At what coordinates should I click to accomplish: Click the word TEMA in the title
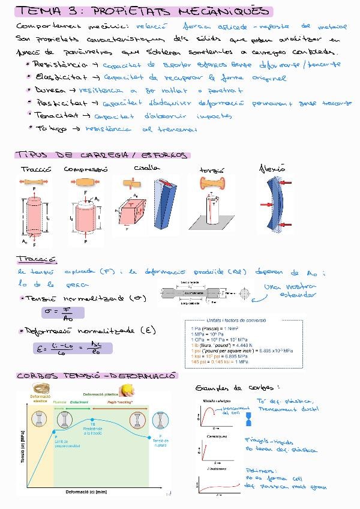pos(37,11)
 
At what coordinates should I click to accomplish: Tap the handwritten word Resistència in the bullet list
pos(55,64)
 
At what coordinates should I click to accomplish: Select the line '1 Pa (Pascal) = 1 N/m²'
pos(217,329)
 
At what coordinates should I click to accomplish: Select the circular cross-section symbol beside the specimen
pos(244,294)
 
